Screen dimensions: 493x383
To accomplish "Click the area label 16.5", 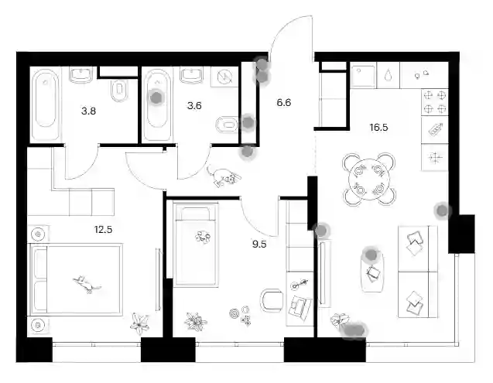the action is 379,128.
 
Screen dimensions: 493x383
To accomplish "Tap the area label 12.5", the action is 103,230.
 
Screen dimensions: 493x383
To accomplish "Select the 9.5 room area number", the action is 259,244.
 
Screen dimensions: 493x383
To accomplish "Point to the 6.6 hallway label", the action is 284,102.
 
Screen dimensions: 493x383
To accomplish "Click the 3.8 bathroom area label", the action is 88,111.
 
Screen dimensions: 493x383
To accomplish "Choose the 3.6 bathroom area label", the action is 194,106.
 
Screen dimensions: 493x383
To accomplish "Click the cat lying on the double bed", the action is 87,284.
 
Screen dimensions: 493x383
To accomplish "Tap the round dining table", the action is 369,180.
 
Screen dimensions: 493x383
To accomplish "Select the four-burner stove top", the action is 435,102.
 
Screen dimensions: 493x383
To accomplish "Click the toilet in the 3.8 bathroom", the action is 119,91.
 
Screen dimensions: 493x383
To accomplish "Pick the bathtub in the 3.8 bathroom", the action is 46,104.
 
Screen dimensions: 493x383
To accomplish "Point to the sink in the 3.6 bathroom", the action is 191,76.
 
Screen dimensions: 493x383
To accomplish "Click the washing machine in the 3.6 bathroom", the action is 224,77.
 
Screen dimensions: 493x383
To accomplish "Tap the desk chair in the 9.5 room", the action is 272,301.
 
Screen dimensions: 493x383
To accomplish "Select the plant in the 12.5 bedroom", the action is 139,323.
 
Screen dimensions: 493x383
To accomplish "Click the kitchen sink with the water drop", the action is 388,75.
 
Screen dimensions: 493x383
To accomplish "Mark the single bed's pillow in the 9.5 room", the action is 196,213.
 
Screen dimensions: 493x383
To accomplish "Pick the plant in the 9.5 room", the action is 195,321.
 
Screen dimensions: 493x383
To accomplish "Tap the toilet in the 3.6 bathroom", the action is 227,125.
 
